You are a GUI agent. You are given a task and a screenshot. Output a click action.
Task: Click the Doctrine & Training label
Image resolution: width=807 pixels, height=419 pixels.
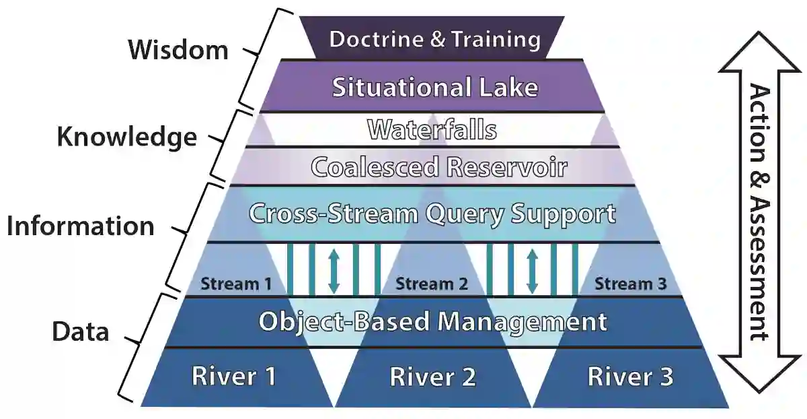(x=434, y=39)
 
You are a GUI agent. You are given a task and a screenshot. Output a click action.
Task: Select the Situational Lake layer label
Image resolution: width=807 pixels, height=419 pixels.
(x=435, y=88)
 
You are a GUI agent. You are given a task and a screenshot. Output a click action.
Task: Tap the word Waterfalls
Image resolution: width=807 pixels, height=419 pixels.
(x=432, y=129)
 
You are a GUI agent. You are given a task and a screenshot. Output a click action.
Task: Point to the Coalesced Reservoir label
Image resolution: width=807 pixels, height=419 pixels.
(x=439, y=167)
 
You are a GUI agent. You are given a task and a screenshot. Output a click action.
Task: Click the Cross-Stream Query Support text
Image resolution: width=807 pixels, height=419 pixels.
(x=432, y=214)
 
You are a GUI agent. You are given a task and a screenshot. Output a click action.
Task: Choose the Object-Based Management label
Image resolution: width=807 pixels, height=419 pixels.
(x=432, y=321)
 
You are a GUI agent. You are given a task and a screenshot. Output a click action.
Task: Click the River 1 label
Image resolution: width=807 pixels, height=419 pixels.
(x=233, y=376)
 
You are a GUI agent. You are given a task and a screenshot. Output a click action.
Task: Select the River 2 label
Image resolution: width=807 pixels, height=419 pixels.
(x=432, y=376)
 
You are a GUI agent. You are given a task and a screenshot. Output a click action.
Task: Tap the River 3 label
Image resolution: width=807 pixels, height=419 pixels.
(x=630, y=376)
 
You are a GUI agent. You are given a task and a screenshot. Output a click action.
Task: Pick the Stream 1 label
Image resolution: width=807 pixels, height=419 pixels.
(x=235, y=284)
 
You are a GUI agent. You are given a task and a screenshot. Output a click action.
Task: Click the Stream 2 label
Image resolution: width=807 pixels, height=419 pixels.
(x=432, y=284)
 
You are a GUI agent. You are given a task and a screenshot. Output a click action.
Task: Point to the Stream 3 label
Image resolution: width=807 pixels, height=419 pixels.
(x=630, y=284)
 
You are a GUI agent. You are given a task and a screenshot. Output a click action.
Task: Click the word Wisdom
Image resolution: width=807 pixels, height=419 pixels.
(x=178, y=50)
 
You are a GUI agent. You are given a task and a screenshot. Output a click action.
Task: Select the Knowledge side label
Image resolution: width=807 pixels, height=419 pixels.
(x=126, y=137)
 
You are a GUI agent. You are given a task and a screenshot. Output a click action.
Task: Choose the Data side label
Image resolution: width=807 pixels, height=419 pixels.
(x=81, y=331)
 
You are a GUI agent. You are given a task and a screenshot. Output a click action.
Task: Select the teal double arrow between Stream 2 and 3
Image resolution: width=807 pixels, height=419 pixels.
(x=532, y=270)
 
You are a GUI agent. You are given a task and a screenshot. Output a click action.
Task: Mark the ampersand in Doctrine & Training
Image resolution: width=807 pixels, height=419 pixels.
(x=437, y=39)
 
